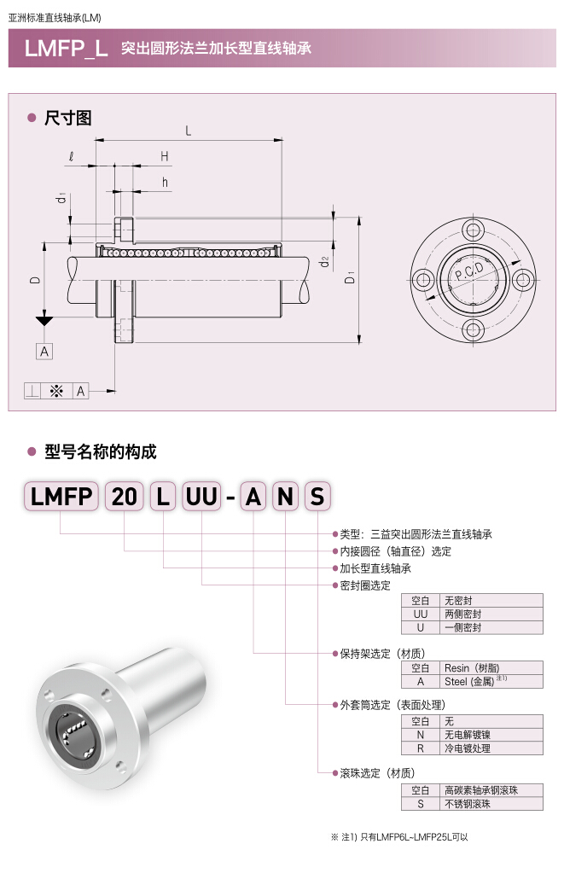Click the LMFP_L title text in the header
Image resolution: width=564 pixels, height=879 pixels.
pyautogui.click(x=66, y=48)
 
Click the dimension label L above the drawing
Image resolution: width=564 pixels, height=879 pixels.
pyautogui.click(x=188, y=131)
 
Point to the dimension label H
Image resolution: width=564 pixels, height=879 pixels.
pyautogui.click(x=164, y=155)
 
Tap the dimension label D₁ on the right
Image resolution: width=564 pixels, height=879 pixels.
pyautogui.click(x=350, y=279)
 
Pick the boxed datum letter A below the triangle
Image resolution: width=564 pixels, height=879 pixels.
pyautogui.click(x=44, y=351)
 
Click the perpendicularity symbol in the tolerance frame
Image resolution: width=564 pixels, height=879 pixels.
pyautogui.click(x=32, y=391)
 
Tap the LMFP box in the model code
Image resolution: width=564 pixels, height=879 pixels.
pyautogui.click(x=61, y=496)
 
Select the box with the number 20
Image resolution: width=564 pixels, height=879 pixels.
pyautogui.click(x=125, y=496)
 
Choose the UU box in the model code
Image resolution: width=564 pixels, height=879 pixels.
pyautogui.click(x=201, y=496)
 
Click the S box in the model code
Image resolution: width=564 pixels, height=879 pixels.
pyautogui.click(x=317, y=496)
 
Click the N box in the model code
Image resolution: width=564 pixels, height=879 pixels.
pyautogui.click(x=286, y=496)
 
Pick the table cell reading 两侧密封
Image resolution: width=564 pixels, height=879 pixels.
pyautogui.click(x=491, y=614)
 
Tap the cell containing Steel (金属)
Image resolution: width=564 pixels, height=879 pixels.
pyautogui.click(x=491, y=681)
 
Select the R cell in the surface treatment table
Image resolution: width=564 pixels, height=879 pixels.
pyautogui.click(x=420, y=748)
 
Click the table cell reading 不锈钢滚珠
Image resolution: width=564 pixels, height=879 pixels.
pyautogui.click(x=491, y=803)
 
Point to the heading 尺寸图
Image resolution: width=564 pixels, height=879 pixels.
pyautogui.click(x=67, y=119)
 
